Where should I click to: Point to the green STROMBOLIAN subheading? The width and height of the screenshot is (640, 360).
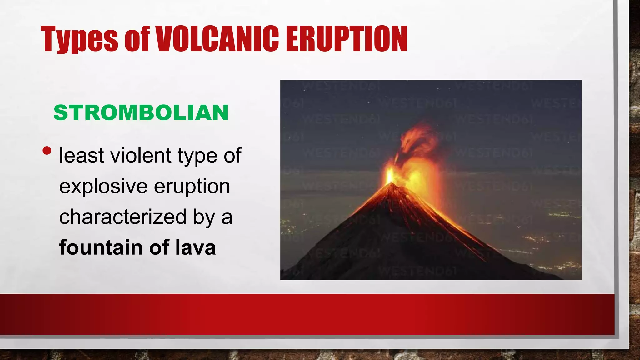pyautogui.click(x=141, y=112)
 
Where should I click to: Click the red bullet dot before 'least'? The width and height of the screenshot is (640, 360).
pyautogui.click(x=47, y=151)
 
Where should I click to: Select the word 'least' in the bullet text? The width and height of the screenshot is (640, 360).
pyautogui.click(x=82, y=155)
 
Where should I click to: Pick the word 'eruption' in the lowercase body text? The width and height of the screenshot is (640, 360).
pyautogui.click(x=192, y=186)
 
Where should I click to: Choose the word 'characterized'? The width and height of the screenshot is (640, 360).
pyautogui.click(x=123, y=217)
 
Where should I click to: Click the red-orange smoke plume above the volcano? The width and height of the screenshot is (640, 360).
pyautogui.click(x=417, y=141)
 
